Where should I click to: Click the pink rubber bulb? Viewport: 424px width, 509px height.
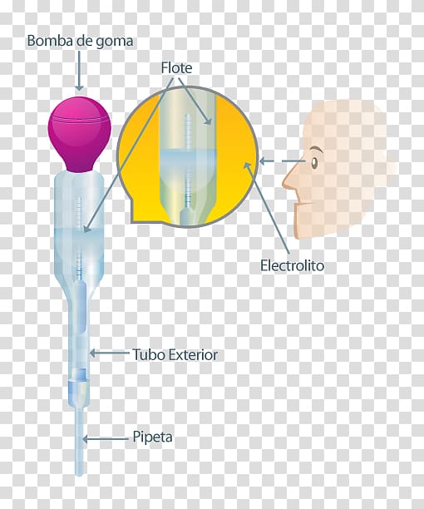80,133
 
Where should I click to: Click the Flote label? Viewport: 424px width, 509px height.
176,68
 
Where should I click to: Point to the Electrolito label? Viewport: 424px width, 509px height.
293,265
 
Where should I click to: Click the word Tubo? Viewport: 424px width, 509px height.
148,354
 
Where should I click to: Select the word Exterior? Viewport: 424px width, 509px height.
192,354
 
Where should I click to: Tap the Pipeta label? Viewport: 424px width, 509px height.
152,437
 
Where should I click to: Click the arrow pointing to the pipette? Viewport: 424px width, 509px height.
106,439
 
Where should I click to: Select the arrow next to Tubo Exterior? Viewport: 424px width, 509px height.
109,353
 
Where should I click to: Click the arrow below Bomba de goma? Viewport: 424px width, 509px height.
79,71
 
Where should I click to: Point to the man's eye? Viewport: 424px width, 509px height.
314,162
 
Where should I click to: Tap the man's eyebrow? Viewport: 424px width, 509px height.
316,150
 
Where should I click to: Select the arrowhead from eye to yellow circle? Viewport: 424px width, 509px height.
263,161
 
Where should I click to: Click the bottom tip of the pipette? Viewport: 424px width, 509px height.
79,475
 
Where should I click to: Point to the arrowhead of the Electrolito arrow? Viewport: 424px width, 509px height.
247,166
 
